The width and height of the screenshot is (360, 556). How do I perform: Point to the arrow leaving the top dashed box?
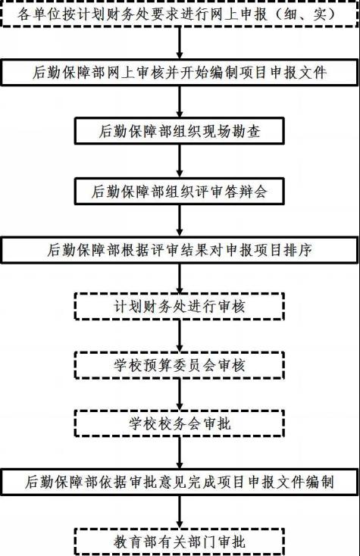coord(180,42)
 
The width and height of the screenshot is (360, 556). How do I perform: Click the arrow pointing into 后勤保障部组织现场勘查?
coord(180,102)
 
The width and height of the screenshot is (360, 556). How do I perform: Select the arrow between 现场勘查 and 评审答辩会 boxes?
coord(180,161)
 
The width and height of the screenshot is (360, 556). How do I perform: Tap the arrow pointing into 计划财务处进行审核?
coord(180,278)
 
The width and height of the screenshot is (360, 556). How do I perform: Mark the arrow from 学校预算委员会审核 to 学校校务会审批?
coord(180,395)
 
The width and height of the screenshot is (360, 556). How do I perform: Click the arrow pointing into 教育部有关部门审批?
coord(180,511)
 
